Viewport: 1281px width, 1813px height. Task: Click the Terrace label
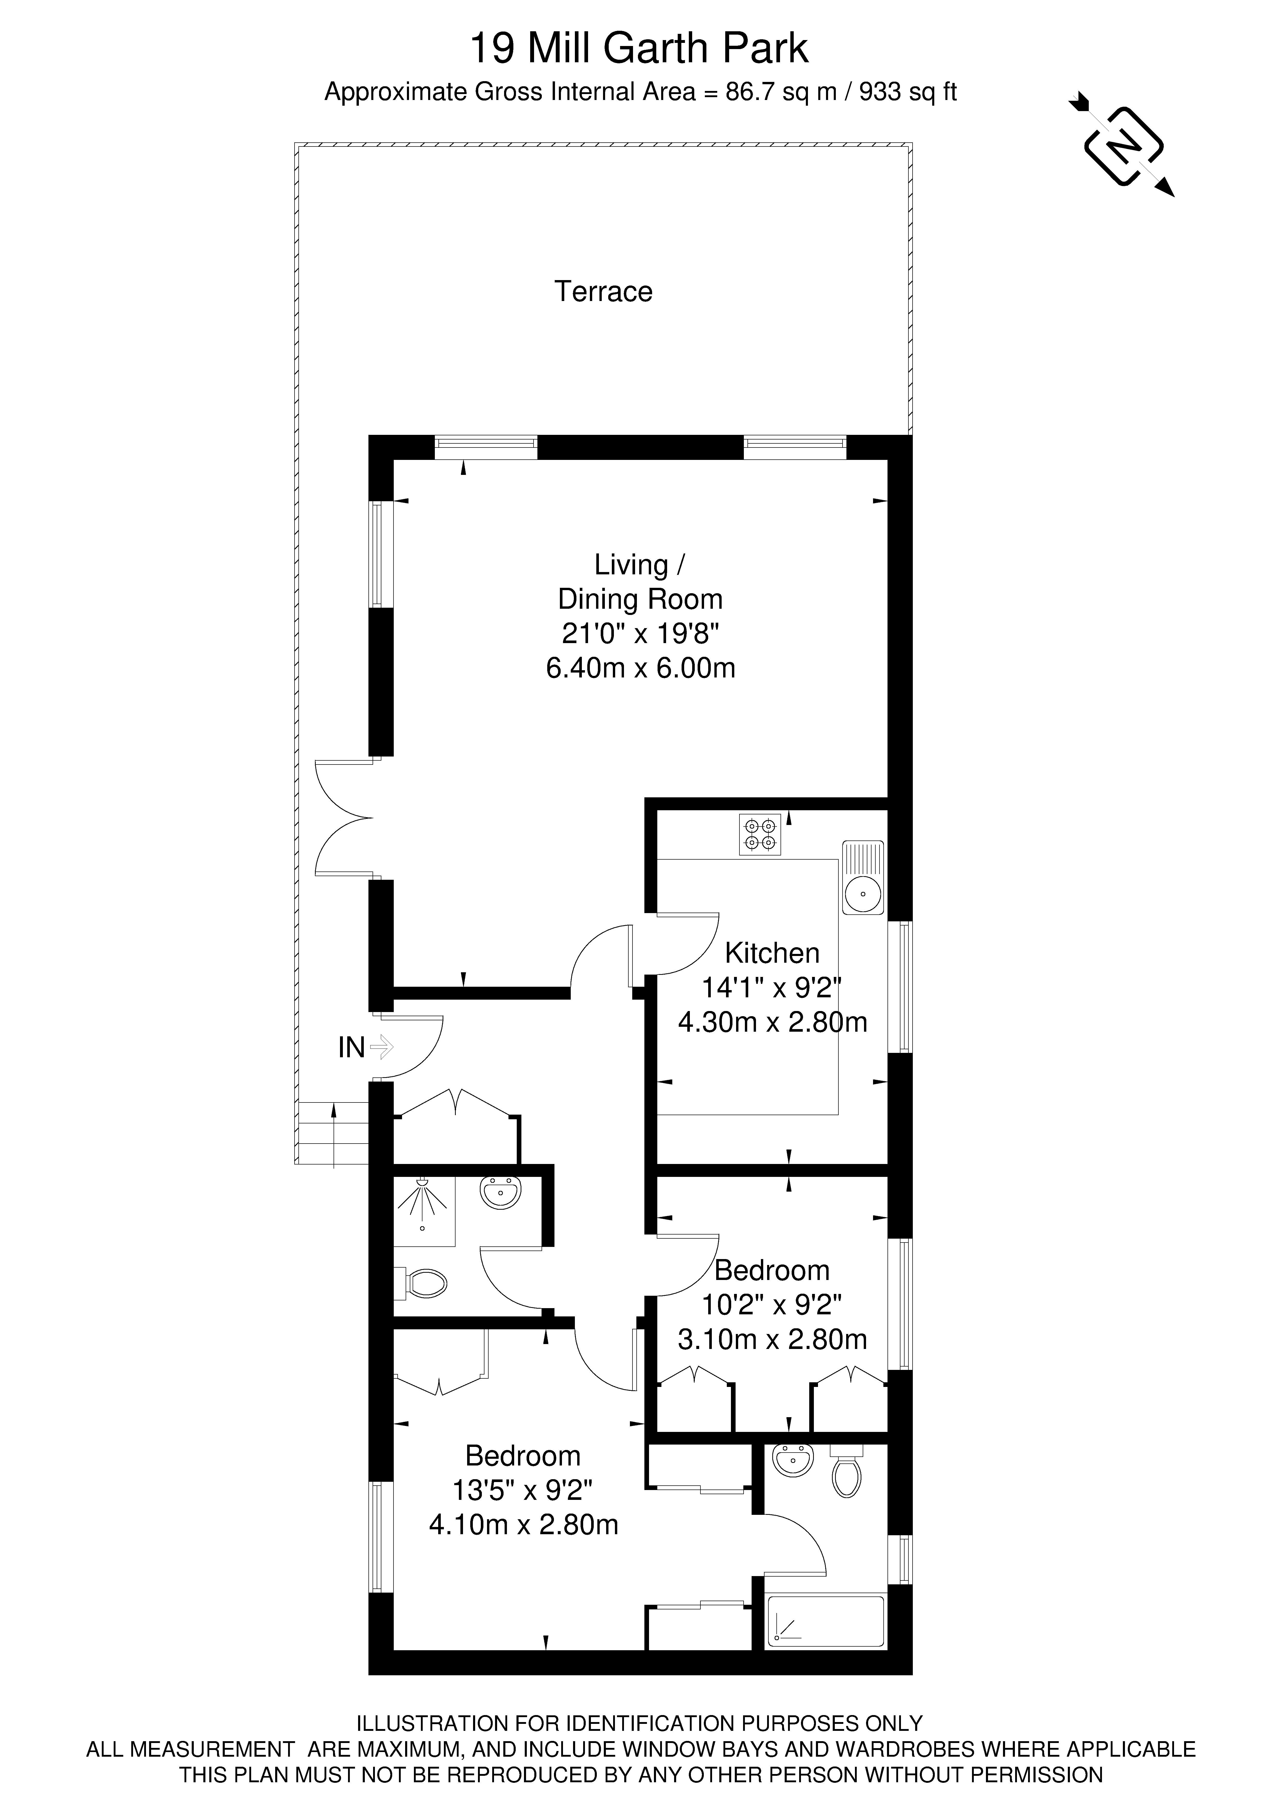coord(603,291)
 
